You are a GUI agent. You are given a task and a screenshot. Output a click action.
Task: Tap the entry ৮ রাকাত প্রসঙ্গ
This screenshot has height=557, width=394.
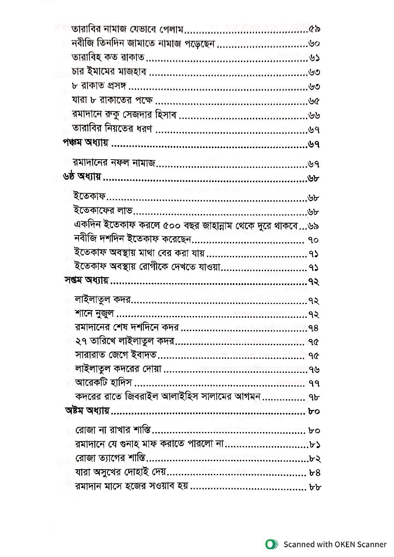click(99, 86)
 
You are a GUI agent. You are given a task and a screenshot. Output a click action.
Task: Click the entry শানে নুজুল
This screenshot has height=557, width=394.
click(94, 314)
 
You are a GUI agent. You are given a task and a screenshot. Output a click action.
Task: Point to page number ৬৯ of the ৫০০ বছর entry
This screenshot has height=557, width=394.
click(314, 226)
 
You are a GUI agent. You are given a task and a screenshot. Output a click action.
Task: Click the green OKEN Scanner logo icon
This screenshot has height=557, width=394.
click(272, 545)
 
